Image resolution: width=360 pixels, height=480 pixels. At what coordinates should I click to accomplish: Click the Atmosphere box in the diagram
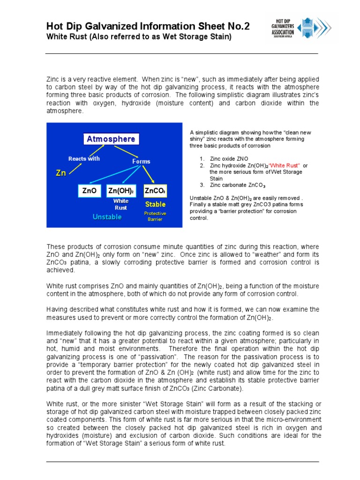pyautogui.click(x=111, y=139)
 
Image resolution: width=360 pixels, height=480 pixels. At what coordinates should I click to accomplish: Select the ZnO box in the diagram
pyautogui.click(x=89, y=191)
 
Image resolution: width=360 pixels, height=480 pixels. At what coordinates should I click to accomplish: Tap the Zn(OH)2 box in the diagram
pyautogui.click(x=121, y=191)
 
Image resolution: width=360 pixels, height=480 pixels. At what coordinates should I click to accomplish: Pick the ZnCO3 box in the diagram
pyautogui.click(x=155, y=191)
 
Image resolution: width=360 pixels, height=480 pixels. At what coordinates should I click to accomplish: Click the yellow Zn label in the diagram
pyautogui.click(x=61, y=173)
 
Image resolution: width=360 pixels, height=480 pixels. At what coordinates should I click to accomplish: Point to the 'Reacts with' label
pyautogui.click(x=84, y=158)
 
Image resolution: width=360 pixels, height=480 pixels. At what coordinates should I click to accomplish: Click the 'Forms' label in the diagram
pyautogui.click(x=141, y=161)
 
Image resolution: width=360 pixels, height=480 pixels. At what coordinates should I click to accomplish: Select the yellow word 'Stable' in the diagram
pyautogui.click(x=155, y=204)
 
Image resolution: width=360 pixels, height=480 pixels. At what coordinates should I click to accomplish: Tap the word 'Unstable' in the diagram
pyautogui.click(x=107, y=217)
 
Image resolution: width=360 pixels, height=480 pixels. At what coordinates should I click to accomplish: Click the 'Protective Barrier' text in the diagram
pyautogui.click(x=155, y=216)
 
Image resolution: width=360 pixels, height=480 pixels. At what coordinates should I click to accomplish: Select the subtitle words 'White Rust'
pyautogui.click(x=65, y=37)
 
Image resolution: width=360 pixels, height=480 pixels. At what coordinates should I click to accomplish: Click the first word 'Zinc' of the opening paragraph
pyautogui.click(x=53, y=80)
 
